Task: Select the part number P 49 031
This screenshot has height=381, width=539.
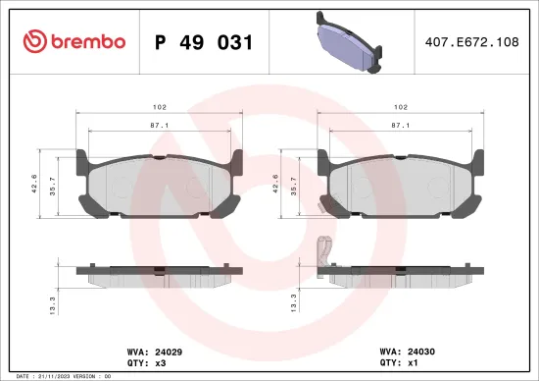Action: tap(205, 42)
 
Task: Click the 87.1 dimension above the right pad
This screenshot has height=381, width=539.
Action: tap(400, 126)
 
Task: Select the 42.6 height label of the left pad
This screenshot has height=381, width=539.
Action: tap(35, 185)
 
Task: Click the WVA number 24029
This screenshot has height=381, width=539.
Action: tap(169, 351)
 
